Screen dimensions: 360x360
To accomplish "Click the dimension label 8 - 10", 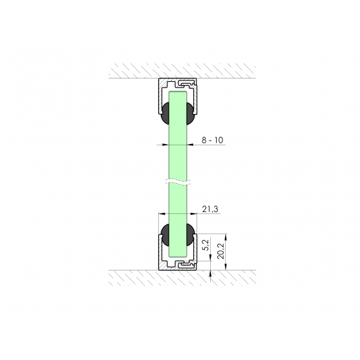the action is pos(212,140).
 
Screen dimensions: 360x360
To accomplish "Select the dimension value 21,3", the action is pos(210,209).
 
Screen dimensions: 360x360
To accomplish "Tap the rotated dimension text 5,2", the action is pos(206,245).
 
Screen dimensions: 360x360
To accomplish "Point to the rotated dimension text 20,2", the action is pos(221,252).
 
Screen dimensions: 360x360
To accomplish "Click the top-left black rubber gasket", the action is pos(165,114).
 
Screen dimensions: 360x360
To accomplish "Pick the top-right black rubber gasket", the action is pos(191,114).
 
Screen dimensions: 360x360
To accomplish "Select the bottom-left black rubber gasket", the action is pos(165,235).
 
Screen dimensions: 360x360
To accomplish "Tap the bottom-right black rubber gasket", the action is pos(191,235).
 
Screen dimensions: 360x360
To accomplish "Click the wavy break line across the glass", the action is pos(178,182).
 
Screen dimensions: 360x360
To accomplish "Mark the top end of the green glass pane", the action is pos(178,91).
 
